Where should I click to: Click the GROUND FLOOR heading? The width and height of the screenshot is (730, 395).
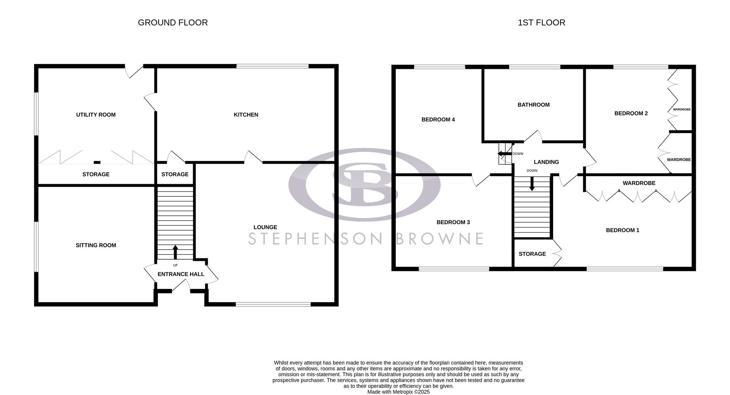click(173, 22)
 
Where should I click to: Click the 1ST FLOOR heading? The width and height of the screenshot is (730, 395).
click(541, 22)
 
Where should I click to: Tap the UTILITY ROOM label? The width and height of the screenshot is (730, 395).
click(96, 115)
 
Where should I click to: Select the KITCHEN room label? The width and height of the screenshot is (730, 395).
click(246, 115)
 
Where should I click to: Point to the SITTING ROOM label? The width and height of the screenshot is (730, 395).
click(96, 245)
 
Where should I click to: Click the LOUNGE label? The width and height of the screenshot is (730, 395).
click(265, 227)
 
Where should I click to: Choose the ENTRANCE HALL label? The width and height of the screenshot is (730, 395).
click(181, 274)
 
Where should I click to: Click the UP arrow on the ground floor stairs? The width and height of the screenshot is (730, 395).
click(175, 252)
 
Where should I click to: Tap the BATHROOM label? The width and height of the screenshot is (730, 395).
click(533, 105)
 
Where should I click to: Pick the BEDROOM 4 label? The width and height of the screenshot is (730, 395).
click(438, 119)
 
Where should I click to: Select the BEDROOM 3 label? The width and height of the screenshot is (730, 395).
click(453, 222)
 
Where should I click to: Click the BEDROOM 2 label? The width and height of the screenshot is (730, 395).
click(631, 113)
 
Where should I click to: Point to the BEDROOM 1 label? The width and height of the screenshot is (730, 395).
click(622, 230)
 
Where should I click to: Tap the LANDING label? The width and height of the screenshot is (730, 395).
click(546, 162)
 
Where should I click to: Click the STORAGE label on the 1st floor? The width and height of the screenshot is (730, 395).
click(532, 254)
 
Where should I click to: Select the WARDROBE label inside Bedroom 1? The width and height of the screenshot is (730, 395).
click(639, 183)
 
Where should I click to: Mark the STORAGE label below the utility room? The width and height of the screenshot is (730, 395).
click(96, 174)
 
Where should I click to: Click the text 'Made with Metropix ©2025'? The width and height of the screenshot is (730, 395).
click(398, 392)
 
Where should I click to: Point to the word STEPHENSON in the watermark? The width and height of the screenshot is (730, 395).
click(315, 239)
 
